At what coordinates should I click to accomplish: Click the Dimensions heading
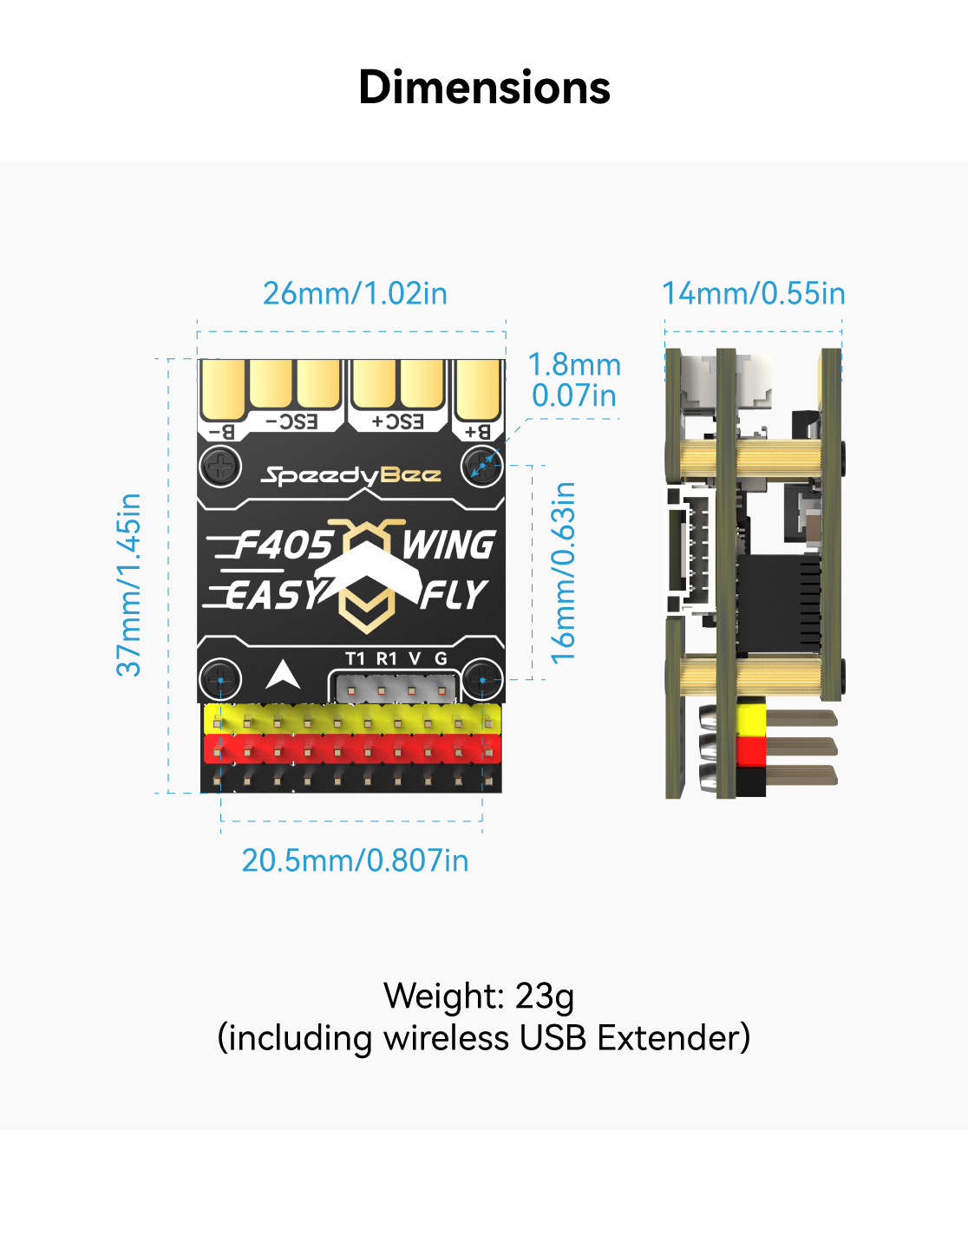click(x=484, y=88)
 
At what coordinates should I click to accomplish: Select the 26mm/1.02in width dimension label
click(x=355, y=293)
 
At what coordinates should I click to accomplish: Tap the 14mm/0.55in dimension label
click(x=753, y=293)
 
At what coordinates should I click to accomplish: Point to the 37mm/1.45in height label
click(x=129, y=585)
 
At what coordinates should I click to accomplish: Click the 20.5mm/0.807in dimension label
click(x=355, y=860)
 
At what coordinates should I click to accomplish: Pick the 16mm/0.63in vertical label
click(x=564, y=572)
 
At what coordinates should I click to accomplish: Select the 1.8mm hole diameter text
click(x=574, y=364)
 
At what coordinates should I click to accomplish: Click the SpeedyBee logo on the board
click(x=351, y=475)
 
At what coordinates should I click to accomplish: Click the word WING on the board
click(x=448, y=546)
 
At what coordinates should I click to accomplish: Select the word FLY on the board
click(x=454, y=595)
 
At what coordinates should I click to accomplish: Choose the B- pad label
click(x=222, y=431)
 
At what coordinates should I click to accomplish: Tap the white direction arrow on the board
click(x=282, y=674)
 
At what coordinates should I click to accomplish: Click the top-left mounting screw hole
click(x=220, y=467)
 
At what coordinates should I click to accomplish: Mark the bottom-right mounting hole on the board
click(x=482, y=679)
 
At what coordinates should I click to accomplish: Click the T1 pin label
click(x=355, y=658)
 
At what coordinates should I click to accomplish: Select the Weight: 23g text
click(x=479, y=996)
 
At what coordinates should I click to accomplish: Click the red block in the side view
click(x=751, y=748)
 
